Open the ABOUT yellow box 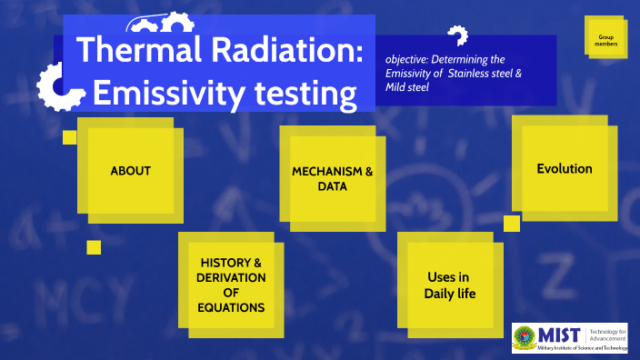click(130, 170)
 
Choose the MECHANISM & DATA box click(333, 178)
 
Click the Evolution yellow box click(564, 169)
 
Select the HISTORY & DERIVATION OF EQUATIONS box click(231, 285)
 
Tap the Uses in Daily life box click(449, 285)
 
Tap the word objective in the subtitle click(406, 59)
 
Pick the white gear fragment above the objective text click(457, 35)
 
